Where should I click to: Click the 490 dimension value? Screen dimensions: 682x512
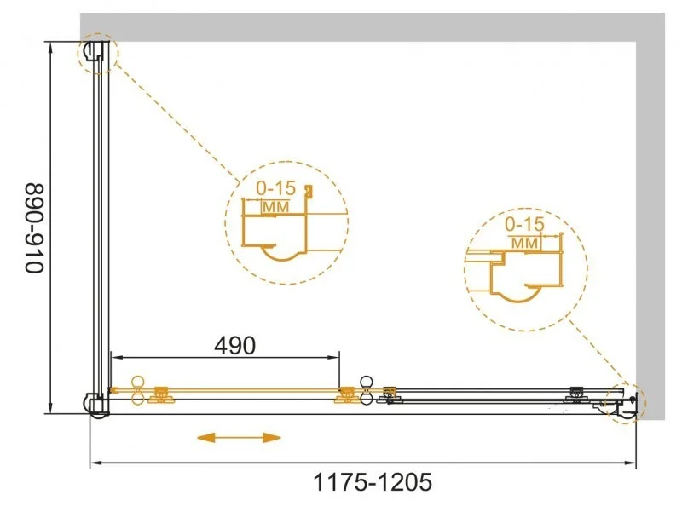pos(235,346)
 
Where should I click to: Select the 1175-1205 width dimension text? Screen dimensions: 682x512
pos(373,482)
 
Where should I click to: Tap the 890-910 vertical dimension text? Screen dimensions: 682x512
pos(34,228)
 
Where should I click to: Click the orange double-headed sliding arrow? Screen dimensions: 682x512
pos(240,437)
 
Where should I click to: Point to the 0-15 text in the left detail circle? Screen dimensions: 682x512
pos(275,188)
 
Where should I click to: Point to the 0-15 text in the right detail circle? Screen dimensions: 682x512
pos(524,224)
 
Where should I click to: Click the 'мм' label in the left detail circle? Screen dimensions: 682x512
pos(275,207)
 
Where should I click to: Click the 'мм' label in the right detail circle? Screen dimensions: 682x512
pos(524,243)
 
